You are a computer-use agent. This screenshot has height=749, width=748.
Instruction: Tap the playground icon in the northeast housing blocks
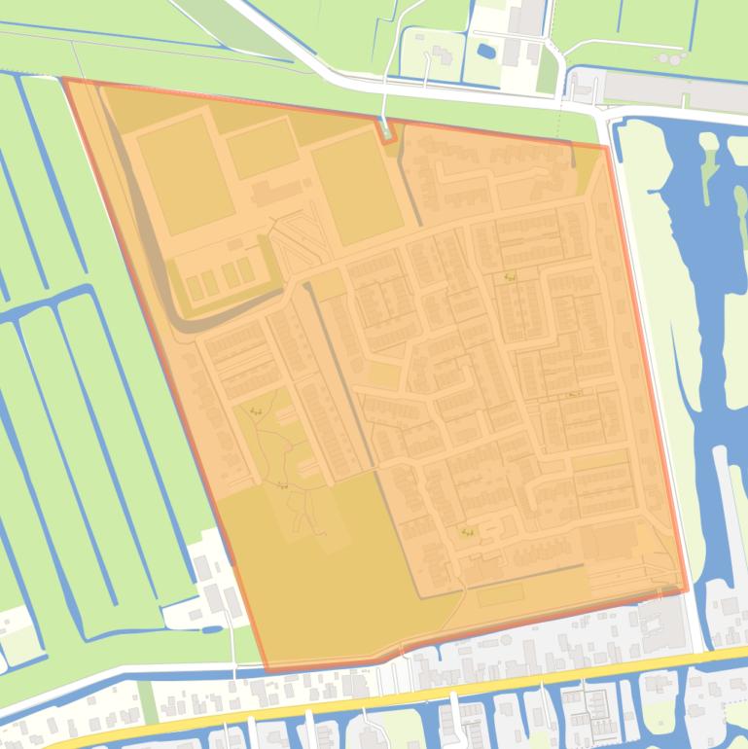click(509, 277)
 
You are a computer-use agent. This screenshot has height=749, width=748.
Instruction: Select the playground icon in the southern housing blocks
click(468, 532)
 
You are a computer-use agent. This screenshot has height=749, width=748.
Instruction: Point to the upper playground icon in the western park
click(255, 412)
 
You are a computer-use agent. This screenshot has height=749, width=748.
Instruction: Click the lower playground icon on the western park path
click(282, 485)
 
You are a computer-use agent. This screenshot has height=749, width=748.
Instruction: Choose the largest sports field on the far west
click(185, 173)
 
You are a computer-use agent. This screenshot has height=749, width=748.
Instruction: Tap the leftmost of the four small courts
click(194, 286)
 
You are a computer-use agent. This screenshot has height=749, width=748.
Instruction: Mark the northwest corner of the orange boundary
click(63, 80)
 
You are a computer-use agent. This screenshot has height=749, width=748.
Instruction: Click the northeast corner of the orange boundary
click(607, 148)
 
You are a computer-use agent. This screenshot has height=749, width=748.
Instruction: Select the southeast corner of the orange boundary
click(687, 589)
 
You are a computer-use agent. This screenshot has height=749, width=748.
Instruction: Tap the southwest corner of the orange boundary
click(266, 670)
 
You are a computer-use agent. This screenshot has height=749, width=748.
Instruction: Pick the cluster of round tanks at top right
click(670, 57)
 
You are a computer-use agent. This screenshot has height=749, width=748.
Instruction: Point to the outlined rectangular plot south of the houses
click(500, 594)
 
